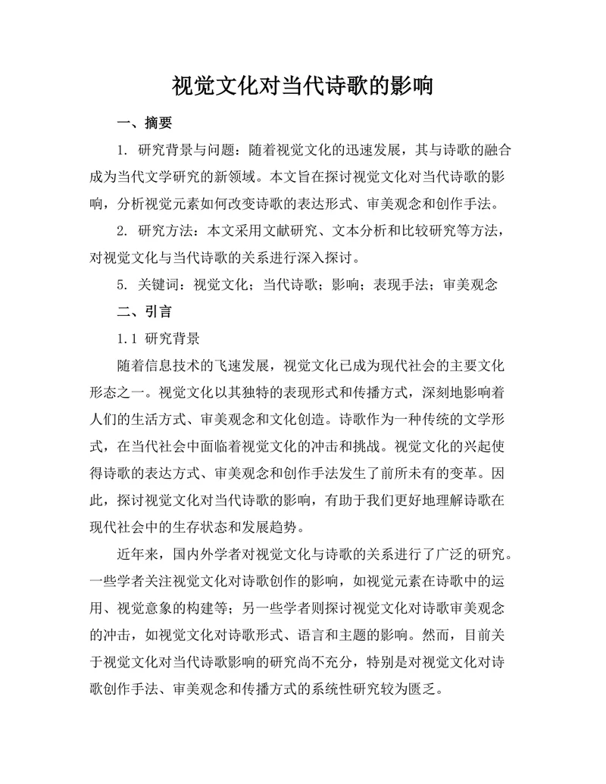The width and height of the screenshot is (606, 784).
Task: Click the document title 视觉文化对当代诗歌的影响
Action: coord(302,85)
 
